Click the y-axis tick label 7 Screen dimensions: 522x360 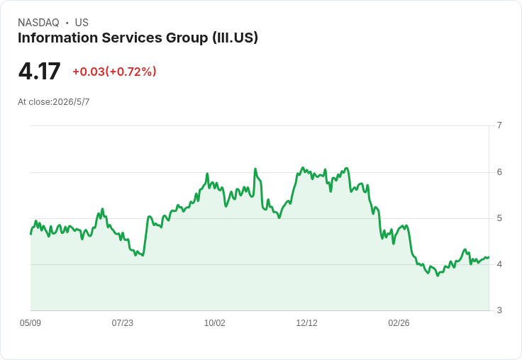(499, 125)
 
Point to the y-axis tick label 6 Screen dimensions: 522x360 (499, 172)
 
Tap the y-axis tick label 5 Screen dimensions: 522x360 (499, 218)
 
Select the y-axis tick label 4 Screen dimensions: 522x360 (499, 264)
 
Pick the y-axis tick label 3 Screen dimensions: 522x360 (499, 310)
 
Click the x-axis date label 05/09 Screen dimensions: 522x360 (30, 323)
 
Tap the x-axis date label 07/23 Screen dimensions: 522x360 (122, 323)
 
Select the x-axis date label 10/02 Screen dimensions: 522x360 (214, 323)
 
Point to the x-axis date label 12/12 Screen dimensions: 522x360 (306, 323)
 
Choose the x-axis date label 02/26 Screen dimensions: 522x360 (399, 323)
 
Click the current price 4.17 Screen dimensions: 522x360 (39, 72)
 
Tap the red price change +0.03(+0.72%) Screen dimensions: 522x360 (114, 72)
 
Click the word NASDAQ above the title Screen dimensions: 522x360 (38, 23)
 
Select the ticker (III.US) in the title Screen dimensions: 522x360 (235, 38)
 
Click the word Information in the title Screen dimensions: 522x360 (57, 38)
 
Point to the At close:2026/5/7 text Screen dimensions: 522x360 (54, 102)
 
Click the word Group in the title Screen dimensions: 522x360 (187, 38)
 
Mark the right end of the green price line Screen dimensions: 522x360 (489, 257)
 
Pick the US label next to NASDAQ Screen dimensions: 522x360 (82, 23)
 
